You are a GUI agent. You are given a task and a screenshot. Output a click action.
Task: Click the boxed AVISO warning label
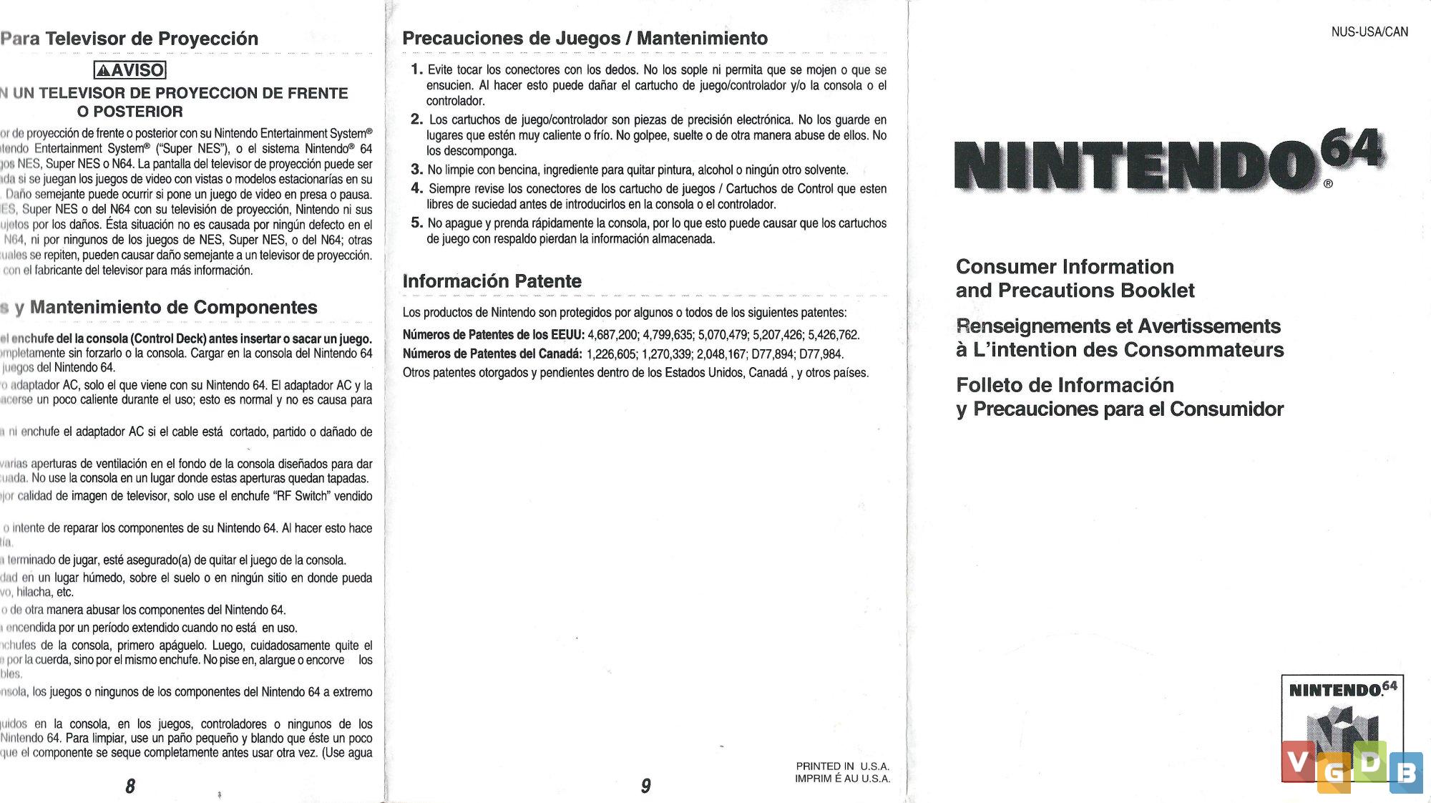(130, 70)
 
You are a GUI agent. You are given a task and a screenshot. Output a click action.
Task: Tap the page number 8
(130, 786)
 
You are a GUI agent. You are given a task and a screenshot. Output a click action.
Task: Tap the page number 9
(645, 786)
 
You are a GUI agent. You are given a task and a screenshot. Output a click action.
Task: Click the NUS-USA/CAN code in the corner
(1369, 32)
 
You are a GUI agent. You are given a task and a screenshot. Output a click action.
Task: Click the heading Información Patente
(492, 281)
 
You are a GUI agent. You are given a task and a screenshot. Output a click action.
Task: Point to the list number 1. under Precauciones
(416, 69)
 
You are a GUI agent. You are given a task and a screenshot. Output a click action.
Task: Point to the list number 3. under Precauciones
(416, 170)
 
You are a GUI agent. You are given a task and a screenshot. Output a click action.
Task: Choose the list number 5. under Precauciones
(416, 223)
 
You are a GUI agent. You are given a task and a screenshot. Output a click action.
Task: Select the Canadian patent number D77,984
(821, 354)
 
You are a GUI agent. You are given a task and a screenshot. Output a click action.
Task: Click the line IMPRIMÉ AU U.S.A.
(843, 779)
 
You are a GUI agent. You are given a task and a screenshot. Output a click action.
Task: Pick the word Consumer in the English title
(997, 267)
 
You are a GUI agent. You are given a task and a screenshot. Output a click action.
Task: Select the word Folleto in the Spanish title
(990, 385)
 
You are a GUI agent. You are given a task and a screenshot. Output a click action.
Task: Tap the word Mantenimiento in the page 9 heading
(702, 39)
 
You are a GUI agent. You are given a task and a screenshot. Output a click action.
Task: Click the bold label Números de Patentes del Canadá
(492, 354)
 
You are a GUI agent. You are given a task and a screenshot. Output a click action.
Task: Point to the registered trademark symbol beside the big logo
(1328, 184)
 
